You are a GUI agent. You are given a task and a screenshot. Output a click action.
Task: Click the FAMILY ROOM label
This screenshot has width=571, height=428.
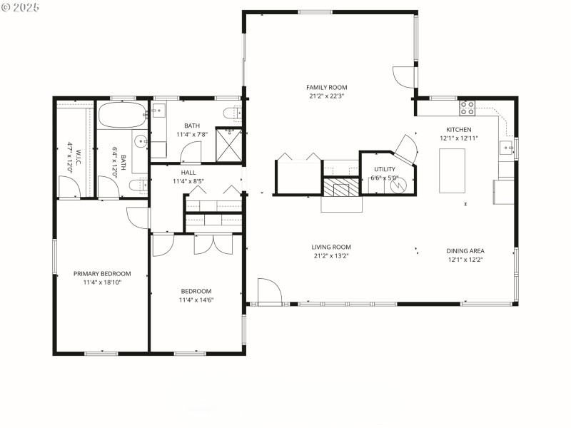tap(328, 88)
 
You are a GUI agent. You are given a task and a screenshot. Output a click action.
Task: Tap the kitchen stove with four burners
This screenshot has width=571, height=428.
tap(467, 108)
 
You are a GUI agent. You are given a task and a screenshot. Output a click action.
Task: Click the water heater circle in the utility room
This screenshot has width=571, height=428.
tap(398, 184)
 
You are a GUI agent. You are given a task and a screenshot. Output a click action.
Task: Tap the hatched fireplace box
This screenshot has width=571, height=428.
tap(342, 187)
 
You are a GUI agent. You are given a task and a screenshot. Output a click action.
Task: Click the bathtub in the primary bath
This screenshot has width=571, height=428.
tap(122, 114)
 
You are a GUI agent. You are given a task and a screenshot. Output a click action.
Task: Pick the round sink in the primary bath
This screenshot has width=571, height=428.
tap(140, 141)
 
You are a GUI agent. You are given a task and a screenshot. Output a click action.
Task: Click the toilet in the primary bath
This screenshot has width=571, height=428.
tap(139, 185)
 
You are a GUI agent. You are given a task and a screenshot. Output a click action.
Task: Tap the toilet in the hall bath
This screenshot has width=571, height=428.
tap(232, 112)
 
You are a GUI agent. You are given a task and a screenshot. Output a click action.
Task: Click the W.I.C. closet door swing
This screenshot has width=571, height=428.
tap(70, 186)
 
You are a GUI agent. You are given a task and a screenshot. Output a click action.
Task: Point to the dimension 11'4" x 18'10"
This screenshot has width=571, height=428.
tap(102, 282)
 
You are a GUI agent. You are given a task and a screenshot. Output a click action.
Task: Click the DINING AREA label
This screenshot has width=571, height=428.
tap(465, 250)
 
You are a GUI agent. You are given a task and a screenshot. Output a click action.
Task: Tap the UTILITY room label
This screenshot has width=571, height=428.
tap(384, 169)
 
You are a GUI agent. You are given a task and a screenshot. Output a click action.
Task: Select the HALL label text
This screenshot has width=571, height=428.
tap(188, 173)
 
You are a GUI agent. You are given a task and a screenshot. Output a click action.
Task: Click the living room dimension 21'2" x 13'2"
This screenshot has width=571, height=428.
tap(330, 257)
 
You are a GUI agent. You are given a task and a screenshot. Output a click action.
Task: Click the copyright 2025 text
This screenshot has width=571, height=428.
tap(21, 6)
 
